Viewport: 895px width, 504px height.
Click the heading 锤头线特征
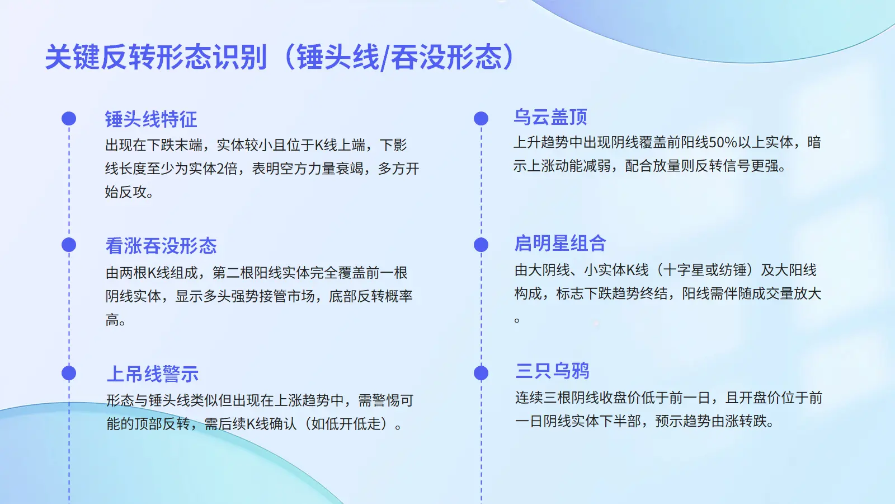tap(151, 119)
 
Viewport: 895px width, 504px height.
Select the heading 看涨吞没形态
tap(161, 246)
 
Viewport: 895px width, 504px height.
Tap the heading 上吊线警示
tap(153, 374)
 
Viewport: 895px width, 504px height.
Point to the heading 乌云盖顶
tap(550, 117)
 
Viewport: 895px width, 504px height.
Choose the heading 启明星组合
tap(560, 243)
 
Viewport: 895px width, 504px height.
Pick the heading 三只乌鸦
tap(552, 371)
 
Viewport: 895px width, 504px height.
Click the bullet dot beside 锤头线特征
tap(69, 119)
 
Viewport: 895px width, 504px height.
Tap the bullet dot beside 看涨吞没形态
tap(69, 245)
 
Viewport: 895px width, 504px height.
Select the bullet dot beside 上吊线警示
tap(69, 373)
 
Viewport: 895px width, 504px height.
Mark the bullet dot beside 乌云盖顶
tap(481, 118)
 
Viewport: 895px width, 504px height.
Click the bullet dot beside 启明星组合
tap(481, 245)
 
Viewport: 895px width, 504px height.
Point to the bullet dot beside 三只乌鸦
tap(481, 373)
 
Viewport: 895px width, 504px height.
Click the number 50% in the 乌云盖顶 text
tap(723, 142)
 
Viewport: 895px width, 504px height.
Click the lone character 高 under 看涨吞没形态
tap(112, 320)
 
